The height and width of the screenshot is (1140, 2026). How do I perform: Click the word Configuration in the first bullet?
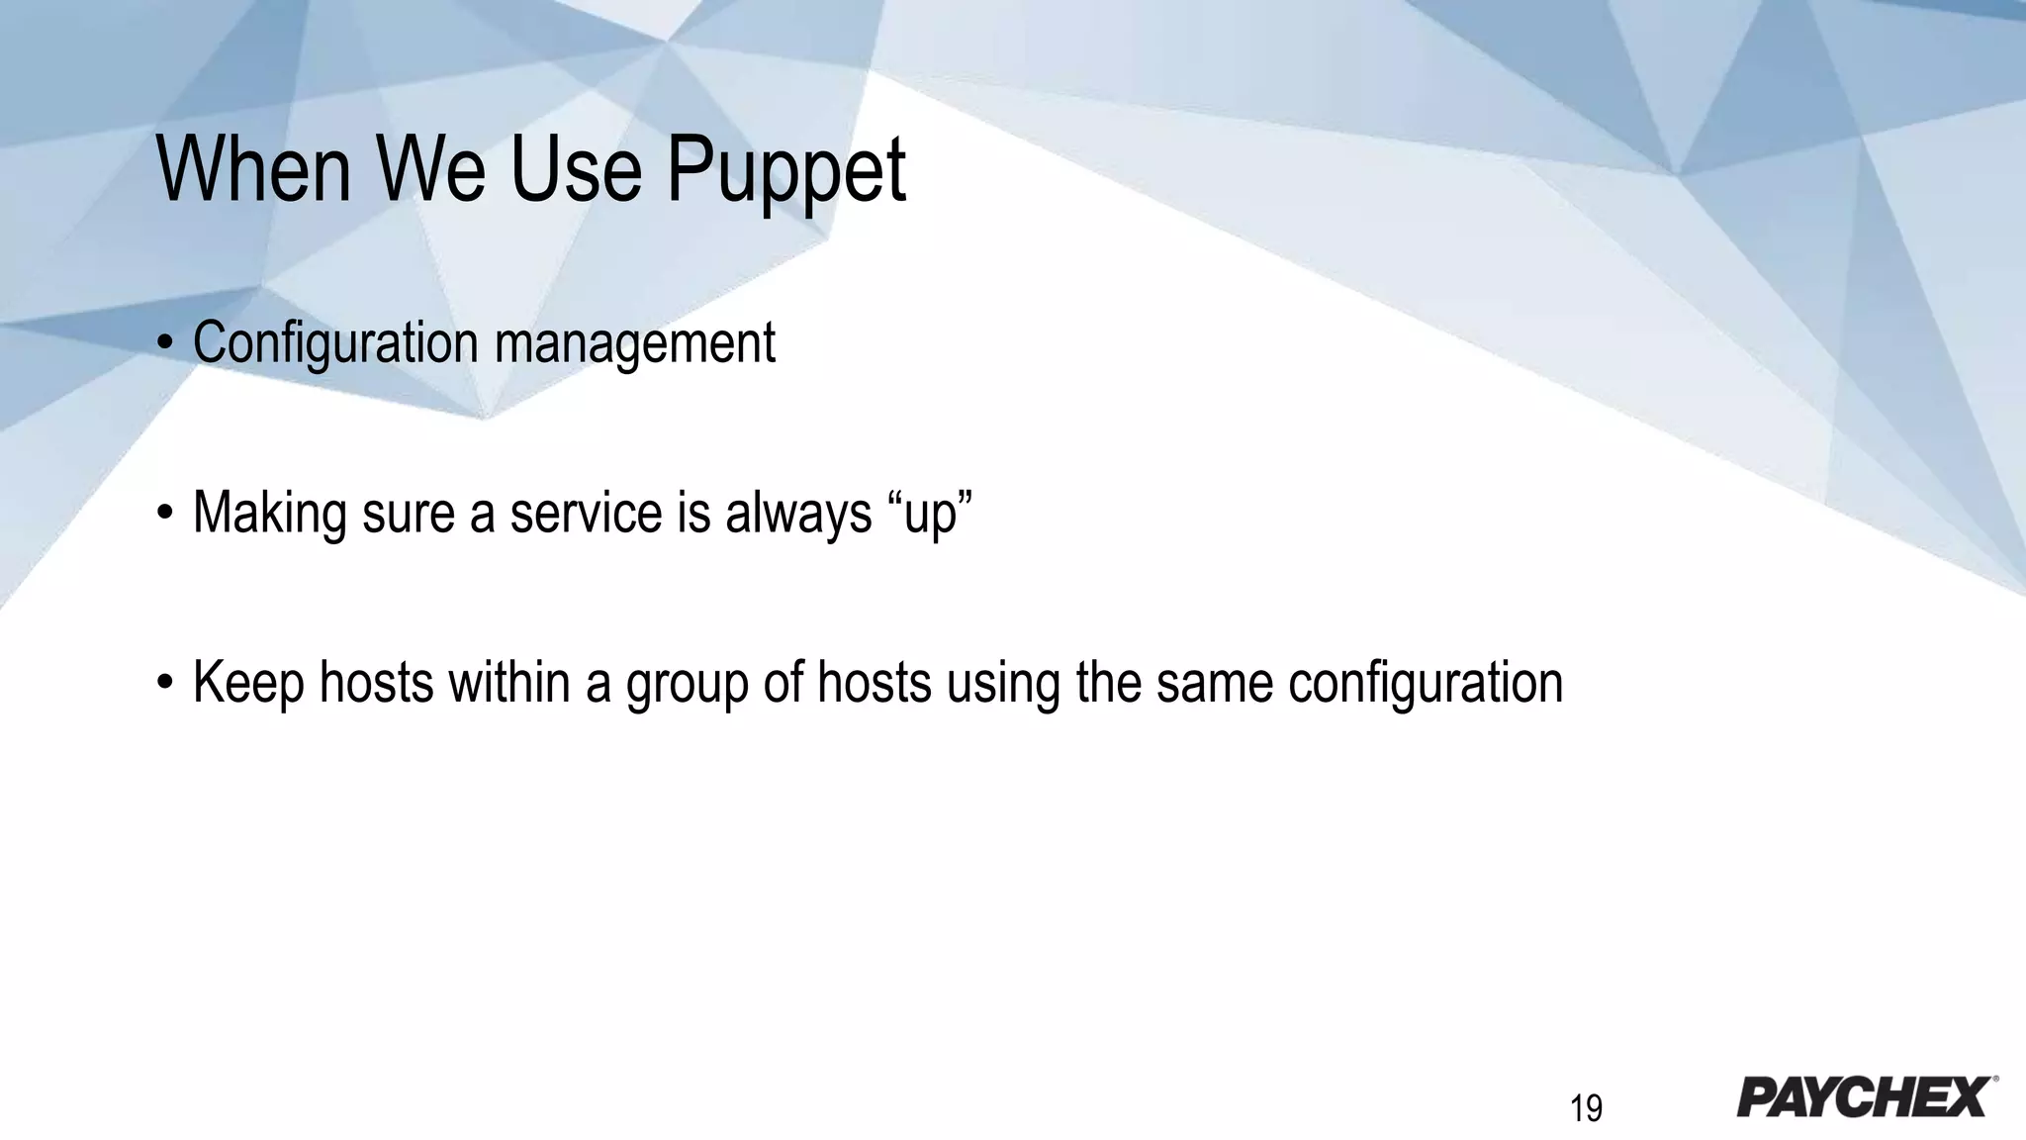click(x=335, y=343)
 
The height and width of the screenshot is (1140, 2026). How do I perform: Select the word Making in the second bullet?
click(x=269, y=514)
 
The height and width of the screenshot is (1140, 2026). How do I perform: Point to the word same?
click(x=1214, y=683)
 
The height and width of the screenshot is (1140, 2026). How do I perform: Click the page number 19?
click(x=1586, y=1108)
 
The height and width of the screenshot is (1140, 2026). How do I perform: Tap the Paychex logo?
click(x=1864, y=1097)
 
